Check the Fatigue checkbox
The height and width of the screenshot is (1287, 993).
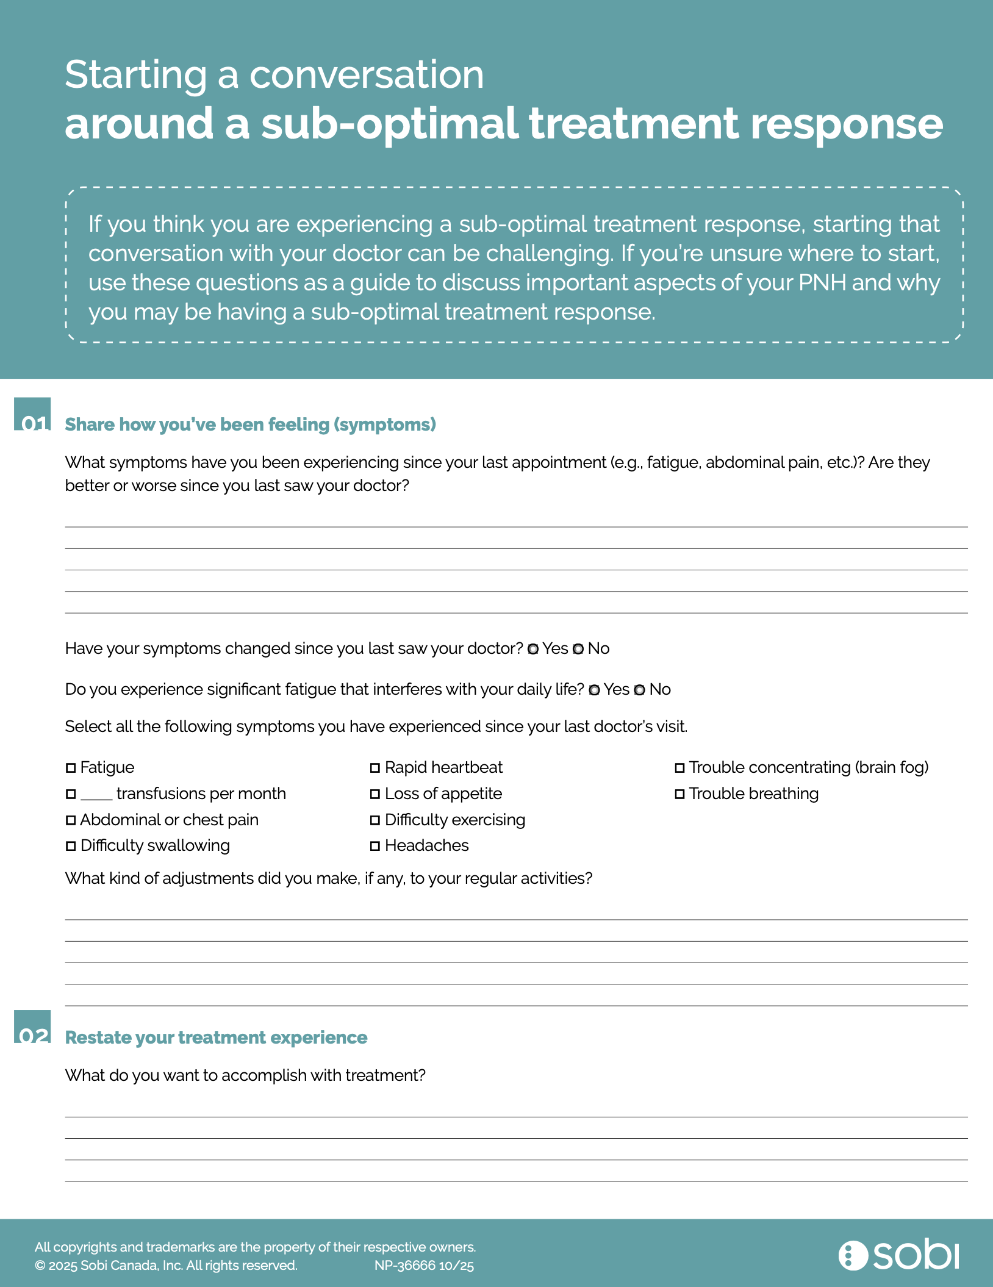71,768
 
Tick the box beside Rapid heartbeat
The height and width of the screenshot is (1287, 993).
375,768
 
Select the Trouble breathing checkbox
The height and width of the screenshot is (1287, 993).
679,794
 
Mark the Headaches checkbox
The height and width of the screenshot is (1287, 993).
375,846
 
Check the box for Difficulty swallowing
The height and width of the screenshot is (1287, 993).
71,846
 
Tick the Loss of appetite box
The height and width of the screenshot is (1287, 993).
375,794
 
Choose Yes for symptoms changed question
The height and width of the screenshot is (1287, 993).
533,649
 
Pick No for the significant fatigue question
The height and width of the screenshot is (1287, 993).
639,690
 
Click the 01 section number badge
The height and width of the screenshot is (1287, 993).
33,415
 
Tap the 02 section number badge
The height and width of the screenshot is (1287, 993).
33,1027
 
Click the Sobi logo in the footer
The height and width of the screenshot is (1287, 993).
898,1255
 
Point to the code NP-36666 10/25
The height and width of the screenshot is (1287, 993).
424,1266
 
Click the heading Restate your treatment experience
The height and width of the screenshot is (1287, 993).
216,1038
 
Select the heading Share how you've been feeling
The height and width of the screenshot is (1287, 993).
250,425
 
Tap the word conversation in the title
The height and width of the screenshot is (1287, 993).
367,75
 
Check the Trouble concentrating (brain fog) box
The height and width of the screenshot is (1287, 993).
679,768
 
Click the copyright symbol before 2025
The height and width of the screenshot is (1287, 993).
40,1266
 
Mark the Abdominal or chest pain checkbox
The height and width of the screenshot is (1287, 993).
71,820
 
